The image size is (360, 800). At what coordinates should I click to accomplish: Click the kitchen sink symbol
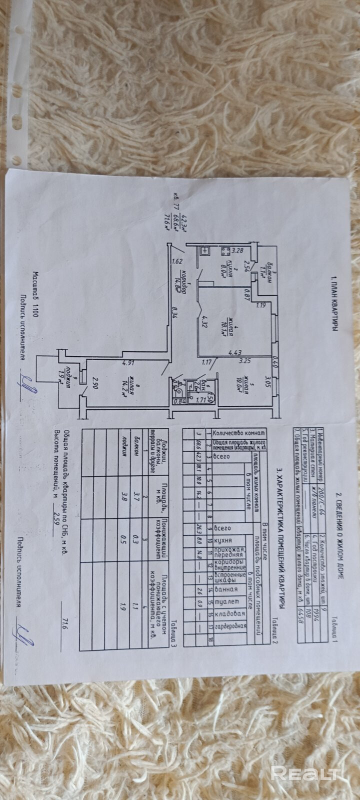(x=204, y=251)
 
